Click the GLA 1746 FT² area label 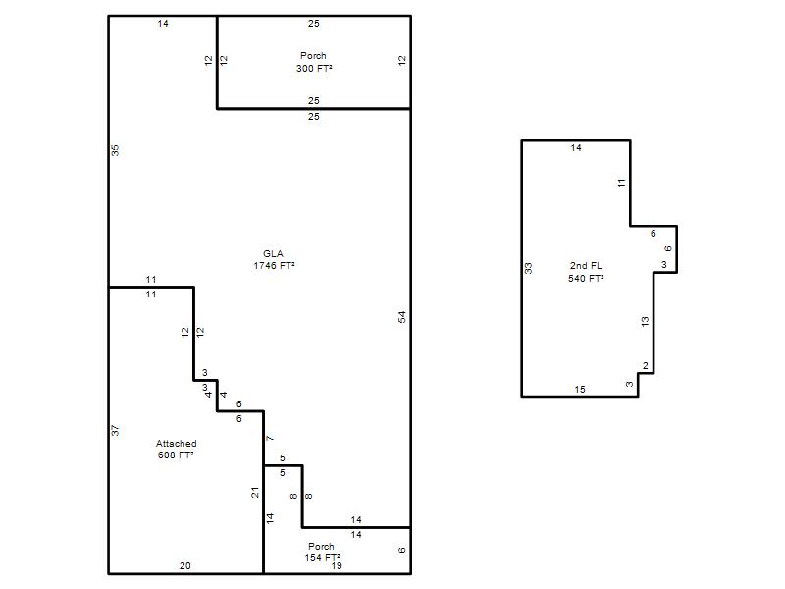pyautogui.click(x=274, y=259)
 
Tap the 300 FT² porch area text pyautogui.click(x=314, y=68)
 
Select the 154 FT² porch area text pyautogui.click(x=323, y=557)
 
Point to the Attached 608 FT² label pyautogui.click(x=177, y=450)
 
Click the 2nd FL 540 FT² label pyautogui.click(x=586, y=272)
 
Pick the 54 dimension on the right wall pyautogui.click(x=402, y=317)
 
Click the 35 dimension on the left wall pyautogui.click(x=115, y=150)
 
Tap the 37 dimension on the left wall pyautogui.click(x=115, y=430)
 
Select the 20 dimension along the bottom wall pyautogui.click(x=185, y=566)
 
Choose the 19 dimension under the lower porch pyautogui.click(x=337, y=566)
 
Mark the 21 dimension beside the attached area pyautogui.click(x=255, y=493)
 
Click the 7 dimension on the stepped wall pyautogui.click(x=270, y=439)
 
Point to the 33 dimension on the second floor pyautogui.click(x=528, y=268)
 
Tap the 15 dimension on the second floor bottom pyautogui.click(x=580, y=389)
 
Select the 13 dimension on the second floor pyautogui.click(x=645, y=322)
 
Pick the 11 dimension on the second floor pyautogui.click(x=622, y=184)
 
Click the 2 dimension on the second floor pyautogui.click(x=646, y=366)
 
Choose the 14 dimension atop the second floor pyautogui.click(x=576, y=148)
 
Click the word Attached pyautogui.click(x=177, y=444)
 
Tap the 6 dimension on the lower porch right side pyautogui.click(x=401, y=550)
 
